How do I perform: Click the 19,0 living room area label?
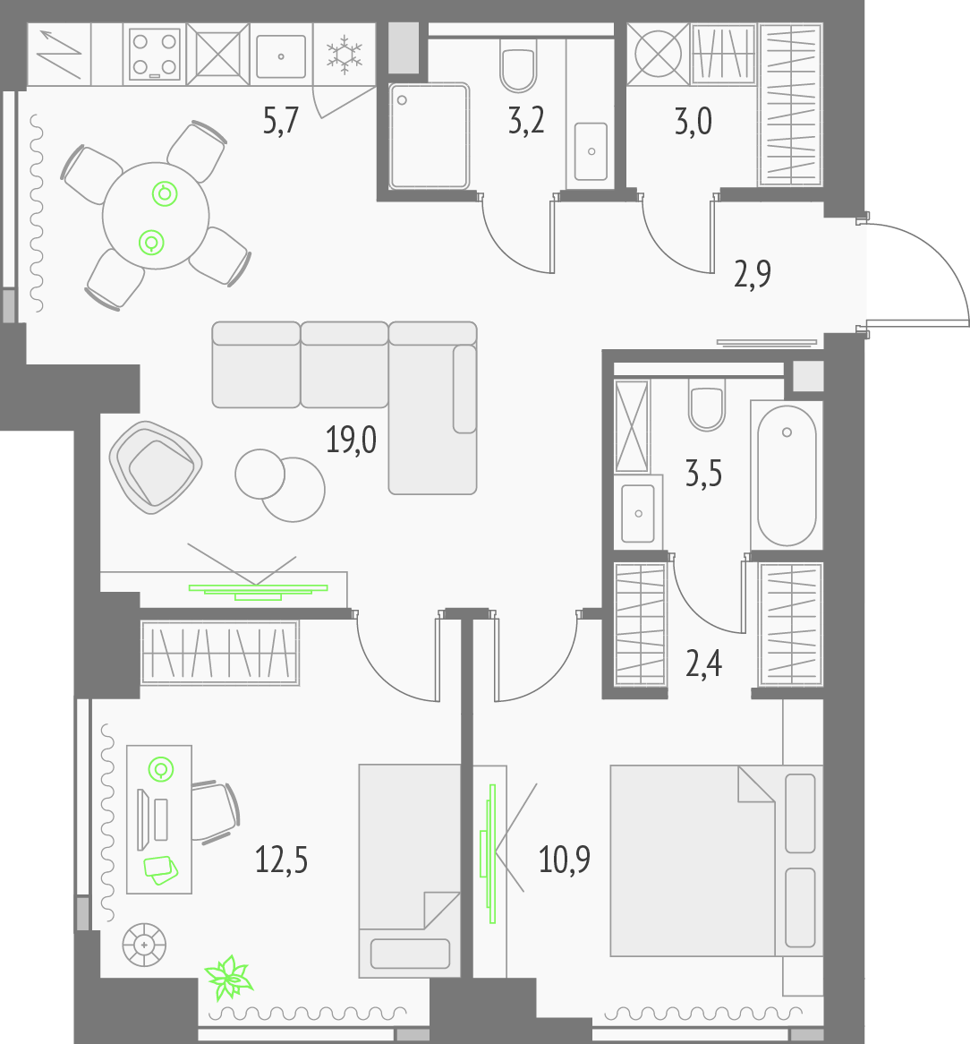(x=351, y=441)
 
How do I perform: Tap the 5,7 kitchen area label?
(x=281, y=121)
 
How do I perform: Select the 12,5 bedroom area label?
(x=281, y=860)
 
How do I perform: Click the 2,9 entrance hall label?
(x=753, y=274)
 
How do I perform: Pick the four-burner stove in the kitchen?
(x=154, y=54)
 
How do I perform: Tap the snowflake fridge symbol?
(x=344, y=55)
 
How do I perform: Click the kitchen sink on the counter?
(x=281, y=56)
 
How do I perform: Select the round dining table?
(x=156, y=216)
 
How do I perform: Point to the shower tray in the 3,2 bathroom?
(x=430, y=135)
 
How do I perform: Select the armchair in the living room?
(x=156, y=467)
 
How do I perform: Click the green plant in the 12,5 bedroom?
(x=229, y=978)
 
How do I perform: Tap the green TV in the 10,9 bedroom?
(x=489, y=853)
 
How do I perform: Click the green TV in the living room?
(x=258, y=592)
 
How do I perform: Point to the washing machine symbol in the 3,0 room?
(x=658, y=54)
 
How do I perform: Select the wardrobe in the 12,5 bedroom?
(x=220, y=653)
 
